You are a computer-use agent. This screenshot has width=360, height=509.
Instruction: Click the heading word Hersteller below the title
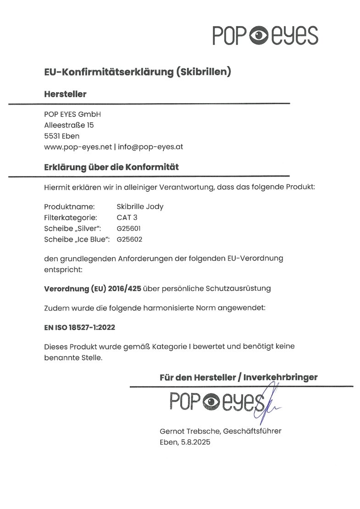click(65, 94)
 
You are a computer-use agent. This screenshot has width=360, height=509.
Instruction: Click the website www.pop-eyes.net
click(78, 146)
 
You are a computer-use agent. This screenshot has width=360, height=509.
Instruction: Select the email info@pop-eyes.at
click(151, 146)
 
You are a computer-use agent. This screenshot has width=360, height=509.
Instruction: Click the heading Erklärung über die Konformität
click(111, 167)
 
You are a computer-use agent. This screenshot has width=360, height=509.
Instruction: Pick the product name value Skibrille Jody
click(140, 206)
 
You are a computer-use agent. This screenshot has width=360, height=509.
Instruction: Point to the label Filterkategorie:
click(70, 217)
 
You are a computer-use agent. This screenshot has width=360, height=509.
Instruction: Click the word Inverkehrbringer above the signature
click(280, 377)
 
